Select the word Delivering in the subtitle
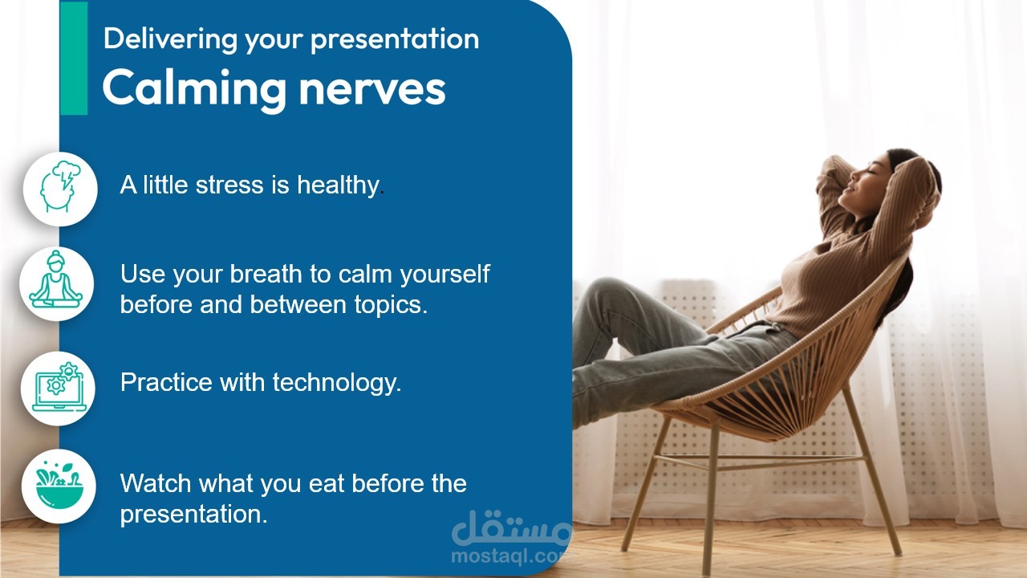coord(170,40)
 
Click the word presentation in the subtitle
coord(395,40)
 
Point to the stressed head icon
coord(60,189)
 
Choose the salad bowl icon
coord(59,486)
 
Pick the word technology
coord(337,383)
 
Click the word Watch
coord(156,483)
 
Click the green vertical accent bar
coord(73,58)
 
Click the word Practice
coord(166,382)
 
